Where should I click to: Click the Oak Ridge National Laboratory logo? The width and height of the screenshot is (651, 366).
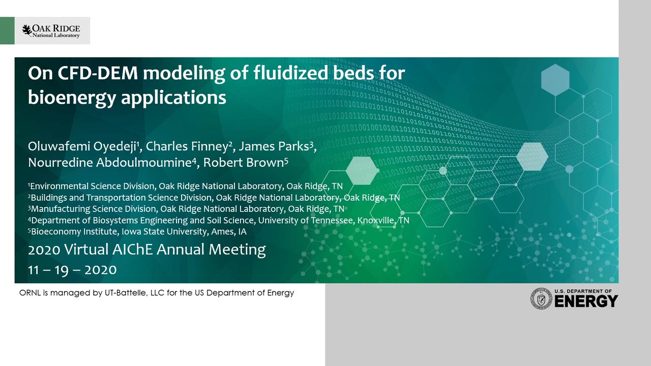(x=51, y=31)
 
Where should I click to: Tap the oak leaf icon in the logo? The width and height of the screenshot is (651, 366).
(x=27, y=30)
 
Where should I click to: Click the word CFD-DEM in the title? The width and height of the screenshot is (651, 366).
(x=97, y=73)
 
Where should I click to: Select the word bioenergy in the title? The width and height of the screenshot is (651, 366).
(x=72, y=98)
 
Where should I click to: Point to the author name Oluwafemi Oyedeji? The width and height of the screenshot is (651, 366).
(x=82, y=146)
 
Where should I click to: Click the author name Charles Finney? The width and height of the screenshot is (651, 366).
(x=187, y=146)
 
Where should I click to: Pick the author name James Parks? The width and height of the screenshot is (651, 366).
(x=274, y=146)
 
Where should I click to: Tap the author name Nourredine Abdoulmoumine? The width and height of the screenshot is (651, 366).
(x=110, y=162)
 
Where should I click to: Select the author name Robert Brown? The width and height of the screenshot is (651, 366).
(x=244, y=162)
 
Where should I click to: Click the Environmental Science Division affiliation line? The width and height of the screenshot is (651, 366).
(x=186, y=186)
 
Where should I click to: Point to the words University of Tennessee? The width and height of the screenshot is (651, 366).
(x=305, y=220)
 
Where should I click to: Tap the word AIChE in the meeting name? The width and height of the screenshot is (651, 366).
(x=133, y=249)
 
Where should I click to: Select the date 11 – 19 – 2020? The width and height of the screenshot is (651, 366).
(x=72, y=270)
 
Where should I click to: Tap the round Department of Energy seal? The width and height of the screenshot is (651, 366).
(x=541, y=298)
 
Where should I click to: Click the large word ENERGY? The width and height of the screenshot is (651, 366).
(x=586, y=301)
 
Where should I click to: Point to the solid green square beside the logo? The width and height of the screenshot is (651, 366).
(x=7, y=30)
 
